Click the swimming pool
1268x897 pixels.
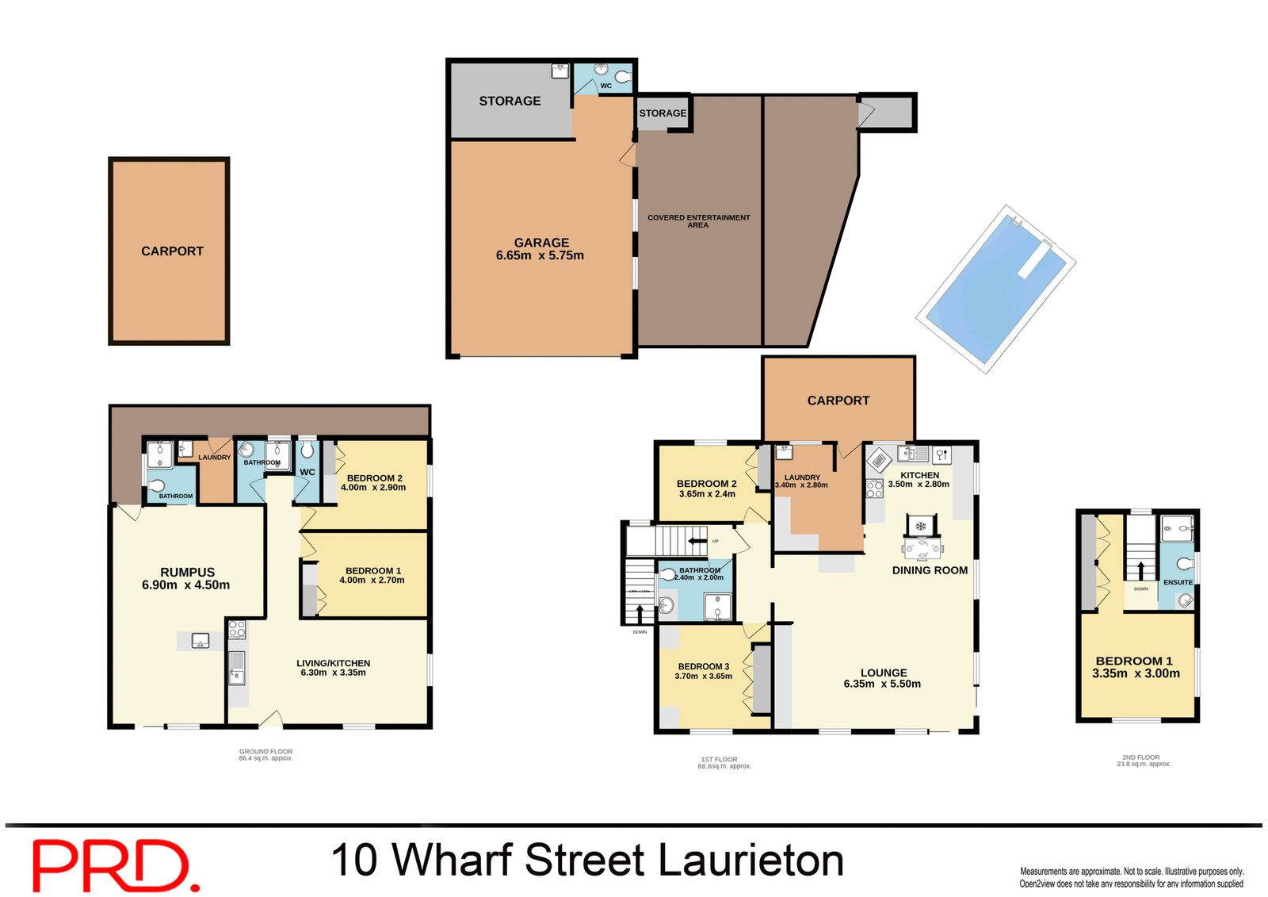pos(995,290)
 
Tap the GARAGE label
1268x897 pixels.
pos(541,243)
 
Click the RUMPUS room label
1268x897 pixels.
pos(187,572)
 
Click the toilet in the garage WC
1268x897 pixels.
pos(623,77)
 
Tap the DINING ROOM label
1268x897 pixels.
pos(930,570)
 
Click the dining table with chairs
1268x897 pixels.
pos(921,546)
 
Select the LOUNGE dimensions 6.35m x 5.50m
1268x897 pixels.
pos(882,684)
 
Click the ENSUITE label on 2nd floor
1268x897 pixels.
pos(1178,582)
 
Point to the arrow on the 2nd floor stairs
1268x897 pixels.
pos(1140,570)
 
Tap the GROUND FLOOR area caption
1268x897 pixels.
pos(265,754)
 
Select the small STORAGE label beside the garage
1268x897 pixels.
pos(663,113)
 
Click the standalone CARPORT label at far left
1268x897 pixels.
pos(172,251)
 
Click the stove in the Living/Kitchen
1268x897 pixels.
pos(237,630)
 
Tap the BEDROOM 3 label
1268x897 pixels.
pos(703,666)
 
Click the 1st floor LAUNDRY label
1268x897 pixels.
pos(802,477)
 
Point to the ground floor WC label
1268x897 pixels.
pos(307,472)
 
